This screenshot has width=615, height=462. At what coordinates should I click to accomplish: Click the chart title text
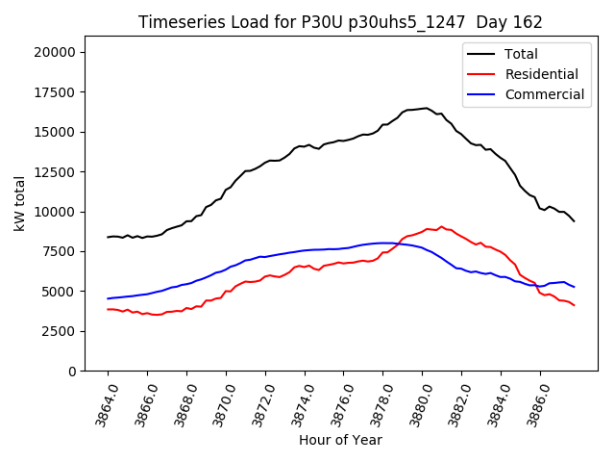click(x=340, y=22)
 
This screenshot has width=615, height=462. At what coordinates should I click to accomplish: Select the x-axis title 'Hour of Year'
click(x=340, y=440)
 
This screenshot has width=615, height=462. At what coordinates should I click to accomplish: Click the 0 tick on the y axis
click(x=72, y=371)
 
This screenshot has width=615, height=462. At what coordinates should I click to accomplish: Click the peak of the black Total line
click(x=425, y=108)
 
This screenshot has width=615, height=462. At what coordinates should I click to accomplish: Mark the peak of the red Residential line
click(x=441, y=227)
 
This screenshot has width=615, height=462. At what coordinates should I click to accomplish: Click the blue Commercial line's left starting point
click(x=108, y=298)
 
